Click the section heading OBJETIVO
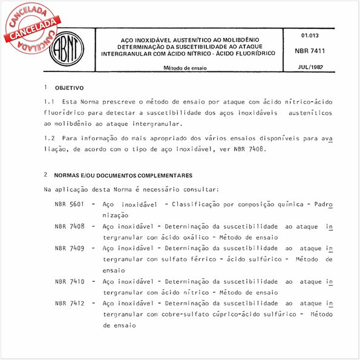pos(69,88)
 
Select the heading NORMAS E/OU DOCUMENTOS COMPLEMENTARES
pos(123,175)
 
